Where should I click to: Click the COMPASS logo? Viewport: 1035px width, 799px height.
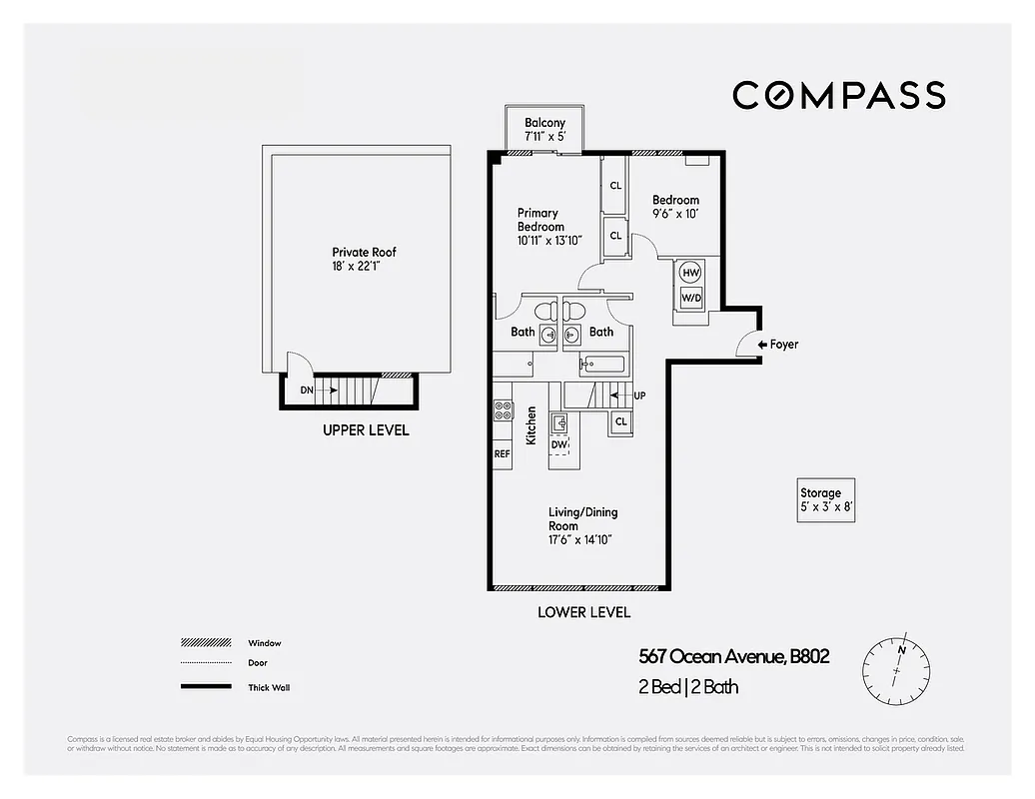pos(838,95)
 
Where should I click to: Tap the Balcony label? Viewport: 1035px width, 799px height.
pos(544,123)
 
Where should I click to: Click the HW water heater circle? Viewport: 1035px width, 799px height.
pos(689,272)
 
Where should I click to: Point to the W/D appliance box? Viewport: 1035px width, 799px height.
pos(690,298)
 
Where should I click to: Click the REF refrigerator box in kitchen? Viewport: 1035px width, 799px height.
pos(502,453)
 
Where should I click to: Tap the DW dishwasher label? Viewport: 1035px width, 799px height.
pos(559,444)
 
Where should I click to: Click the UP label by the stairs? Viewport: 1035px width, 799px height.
pos(639,396)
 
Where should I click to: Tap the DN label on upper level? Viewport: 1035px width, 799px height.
pos(306,390)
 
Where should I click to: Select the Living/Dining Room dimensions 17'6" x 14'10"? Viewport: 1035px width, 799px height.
pos(579,539)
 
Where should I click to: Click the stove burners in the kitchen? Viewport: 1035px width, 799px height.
pos(503,410)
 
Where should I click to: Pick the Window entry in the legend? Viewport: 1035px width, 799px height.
pos(265,643)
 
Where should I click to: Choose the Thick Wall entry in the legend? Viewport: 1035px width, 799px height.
pos(270,687)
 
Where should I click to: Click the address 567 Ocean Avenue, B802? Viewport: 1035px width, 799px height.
pos(734,656)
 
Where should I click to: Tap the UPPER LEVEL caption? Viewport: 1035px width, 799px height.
pos(365,430)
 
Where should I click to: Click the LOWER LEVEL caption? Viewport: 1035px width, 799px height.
pos(583,612)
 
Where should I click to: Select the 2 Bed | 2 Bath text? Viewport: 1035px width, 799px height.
pos(688,687)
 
